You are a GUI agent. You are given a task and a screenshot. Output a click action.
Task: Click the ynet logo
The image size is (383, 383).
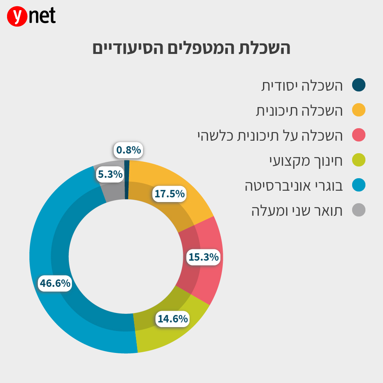(x=31, y=16)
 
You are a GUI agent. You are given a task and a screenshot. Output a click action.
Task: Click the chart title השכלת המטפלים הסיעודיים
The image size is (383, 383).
(x=191, y=49)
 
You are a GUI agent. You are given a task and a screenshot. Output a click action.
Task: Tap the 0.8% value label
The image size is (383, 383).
(x=128, y=150)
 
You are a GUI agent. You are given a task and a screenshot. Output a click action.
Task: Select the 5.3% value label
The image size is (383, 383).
(x=110, y=174)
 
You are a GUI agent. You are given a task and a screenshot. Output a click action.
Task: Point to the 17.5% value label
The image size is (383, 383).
(x=169, y=194)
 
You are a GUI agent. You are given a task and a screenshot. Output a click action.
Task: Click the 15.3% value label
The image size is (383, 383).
(x=203, y=257)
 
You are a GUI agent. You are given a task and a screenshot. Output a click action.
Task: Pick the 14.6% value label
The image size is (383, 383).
(x=172, y=319)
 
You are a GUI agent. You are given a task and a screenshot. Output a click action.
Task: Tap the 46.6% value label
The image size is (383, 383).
(x=55, y=283)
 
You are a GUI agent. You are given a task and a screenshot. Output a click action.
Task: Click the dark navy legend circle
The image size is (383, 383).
(x=358, y=85)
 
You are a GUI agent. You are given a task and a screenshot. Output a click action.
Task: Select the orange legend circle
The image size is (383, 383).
(x=358, y=110)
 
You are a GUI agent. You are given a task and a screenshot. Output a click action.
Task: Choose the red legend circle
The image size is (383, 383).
(x=358, y=135)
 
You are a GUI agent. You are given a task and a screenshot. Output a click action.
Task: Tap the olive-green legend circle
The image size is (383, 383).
(x=358, y=160)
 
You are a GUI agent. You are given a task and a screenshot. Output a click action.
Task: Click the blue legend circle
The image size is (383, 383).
(x=358, y=185)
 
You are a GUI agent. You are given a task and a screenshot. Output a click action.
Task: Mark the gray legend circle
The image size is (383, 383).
(x=358, y=210)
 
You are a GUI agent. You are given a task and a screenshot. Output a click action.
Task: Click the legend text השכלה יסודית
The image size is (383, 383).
(x=302, y=86)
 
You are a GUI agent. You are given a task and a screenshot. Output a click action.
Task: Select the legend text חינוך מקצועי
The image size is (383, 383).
(x=306, y=161)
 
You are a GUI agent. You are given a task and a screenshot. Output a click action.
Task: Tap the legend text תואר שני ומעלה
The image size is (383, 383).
(x=297, y=211)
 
